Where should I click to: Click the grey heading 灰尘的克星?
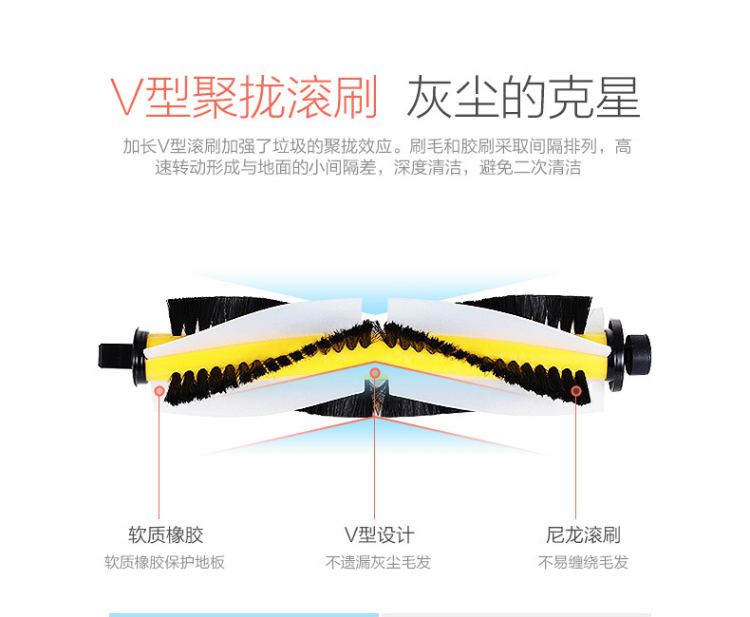[x=523, y=97]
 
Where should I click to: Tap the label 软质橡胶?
[x=166, y=534]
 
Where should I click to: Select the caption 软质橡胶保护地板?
[x=165, y=562]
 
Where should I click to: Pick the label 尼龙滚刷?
[x=583, y=534]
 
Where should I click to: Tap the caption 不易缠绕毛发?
[x=583, y=562]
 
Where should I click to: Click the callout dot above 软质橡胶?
[x=160, y=389]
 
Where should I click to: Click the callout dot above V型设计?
[x=375, y=373]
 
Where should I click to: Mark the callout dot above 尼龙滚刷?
[x=575, y=389]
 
